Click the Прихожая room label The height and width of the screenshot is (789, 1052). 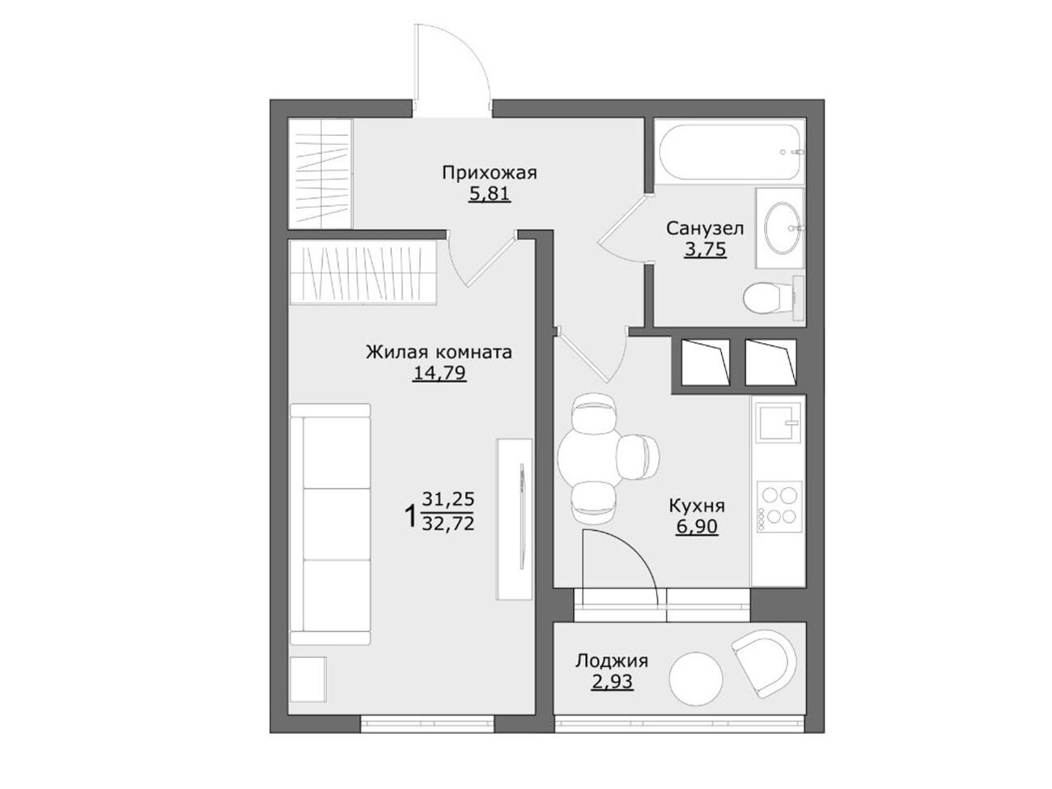pyautogui.click(x=489, y=173)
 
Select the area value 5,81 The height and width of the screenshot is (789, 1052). pyautogui.click(x=489, y=194)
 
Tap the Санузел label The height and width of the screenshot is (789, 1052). pyautogui.click(x=705, y=228)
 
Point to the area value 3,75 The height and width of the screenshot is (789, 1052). pyautogui.click(x=705, y=249)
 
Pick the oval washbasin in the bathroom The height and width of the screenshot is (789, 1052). pyautogui.click(x=783, y=227)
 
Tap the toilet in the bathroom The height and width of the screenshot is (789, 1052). pyautogui.click(x=773, y=298)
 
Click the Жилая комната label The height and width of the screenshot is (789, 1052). pyautogui.click(x=439, y=352)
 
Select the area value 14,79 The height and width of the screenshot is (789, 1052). pyautogui.click(x=439, y=373)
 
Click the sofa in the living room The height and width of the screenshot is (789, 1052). pyautogui.click(x=331, y=524)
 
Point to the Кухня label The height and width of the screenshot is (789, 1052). pyautogui.click(x=697, y=506)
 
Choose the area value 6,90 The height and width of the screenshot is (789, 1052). pyautogui.click(x=697, y=527)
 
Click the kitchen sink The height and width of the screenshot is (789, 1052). pyautogui.click(x=778, y=422)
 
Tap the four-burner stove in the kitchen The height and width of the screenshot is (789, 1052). pyautogui.click(x=778, y=507)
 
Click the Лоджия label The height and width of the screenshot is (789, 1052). pyautogui.click(x=612, y=660)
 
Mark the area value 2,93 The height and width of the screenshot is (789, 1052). pyautogui.click(x=612, y=681)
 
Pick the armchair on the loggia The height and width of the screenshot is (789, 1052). pyautogui.click(x=766, y=663)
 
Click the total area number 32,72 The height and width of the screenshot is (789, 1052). pyautogui.click(x=448, y=523)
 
